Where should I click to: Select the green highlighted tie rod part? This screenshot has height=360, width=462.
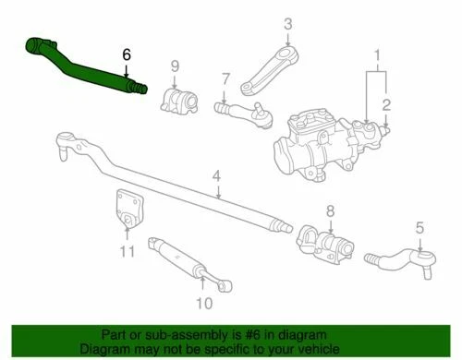(x=88, y=66)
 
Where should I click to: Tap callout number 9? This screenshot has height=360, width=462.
(x=175, y=66)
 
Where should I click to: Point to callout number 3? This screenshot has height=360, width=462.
(x=287, y=24)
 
